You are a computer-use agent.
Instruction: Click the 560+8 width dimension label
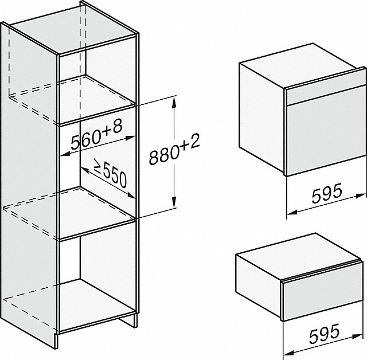[x=97, y=135]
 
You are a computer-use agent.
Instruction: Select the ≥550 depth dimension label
[x=110, y=173]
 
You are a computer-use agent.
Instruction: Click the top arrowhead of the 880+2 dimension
[x=174, y=102]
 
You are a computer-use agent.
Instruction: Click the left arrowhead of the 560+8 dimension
[x=65, y=154]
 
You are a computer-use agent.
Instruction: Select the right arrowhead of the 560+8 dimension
[x=131, y=138]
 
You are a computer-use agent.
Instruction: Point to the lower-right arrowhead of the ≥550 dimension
[x=131, y=195]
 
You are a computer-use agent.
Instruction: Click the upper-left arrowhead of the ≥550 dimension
[x=84, y=170]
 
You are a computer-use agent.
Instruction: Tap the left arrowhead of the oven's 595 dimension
[x=292, y=212]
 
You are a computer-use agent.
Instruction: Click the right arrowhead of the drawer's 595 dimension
[x=358, y=336]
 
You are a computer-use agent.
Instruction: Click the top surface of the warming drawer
[x=297, y=258]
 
